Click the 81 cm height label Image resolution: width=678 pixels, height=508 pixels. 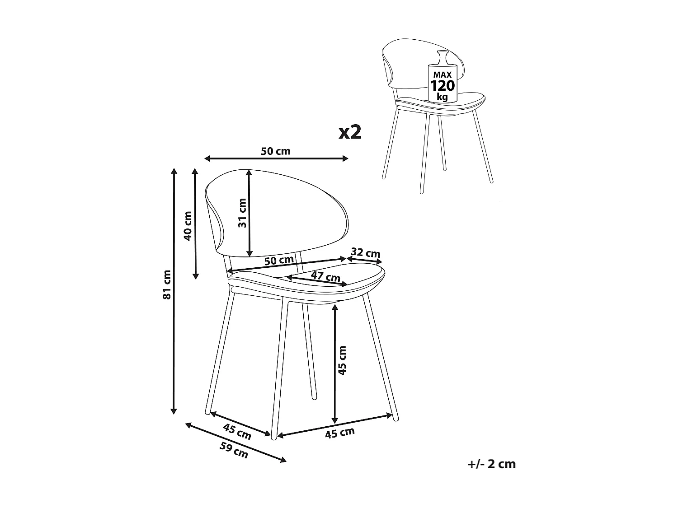(167, 284)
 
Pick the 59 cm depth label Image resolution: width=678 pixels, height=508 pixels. (234, 450)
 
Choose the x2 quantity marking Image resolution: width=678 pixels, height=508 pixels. (350, 132)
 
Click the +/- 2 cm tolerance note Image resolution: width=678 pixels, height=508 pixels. (492, 464)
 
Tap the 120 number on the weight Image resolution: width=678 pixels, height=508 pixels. (443, 85)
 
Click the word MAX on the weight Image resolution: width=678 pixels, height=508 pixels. (443, 74)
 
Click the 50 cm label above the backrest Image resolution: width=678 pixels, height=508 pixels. (276, 151)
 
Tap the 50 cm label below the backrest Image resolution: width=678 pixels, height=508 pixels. (279, 261)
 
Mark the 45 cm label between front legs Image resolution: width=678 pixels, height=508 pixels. (340, 433)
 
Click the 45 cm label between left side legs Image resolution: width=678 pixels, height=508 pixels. (237, 432)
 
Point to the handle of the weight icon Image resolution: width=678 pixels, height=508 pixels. (443, 58)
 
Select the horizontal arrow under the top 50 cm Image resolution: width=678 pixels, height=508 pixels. (276, 158)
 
